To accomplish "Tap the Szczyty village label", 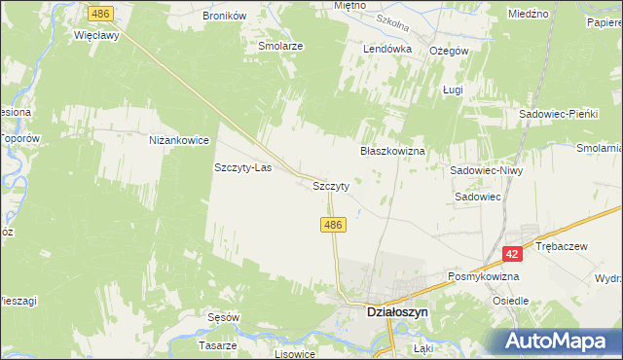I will [331, 184].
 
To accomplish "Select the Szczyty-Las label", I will [242, 167].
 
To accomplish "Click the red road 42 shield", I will [513, 253].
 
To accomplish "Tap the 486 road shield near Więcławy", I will [98, 14].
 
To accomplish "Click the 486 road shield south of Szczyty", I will [333, 224].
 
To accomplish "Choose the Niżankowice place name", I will [179, 140].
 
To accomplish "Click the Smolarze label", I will [280, 46].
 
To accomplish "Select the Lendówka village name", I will [387, 49].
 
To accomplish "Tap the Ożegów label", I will [450, 51].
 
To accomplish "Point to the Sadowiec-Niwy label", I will [488, 170].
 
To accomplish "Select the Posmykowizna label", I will [483, 276].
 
